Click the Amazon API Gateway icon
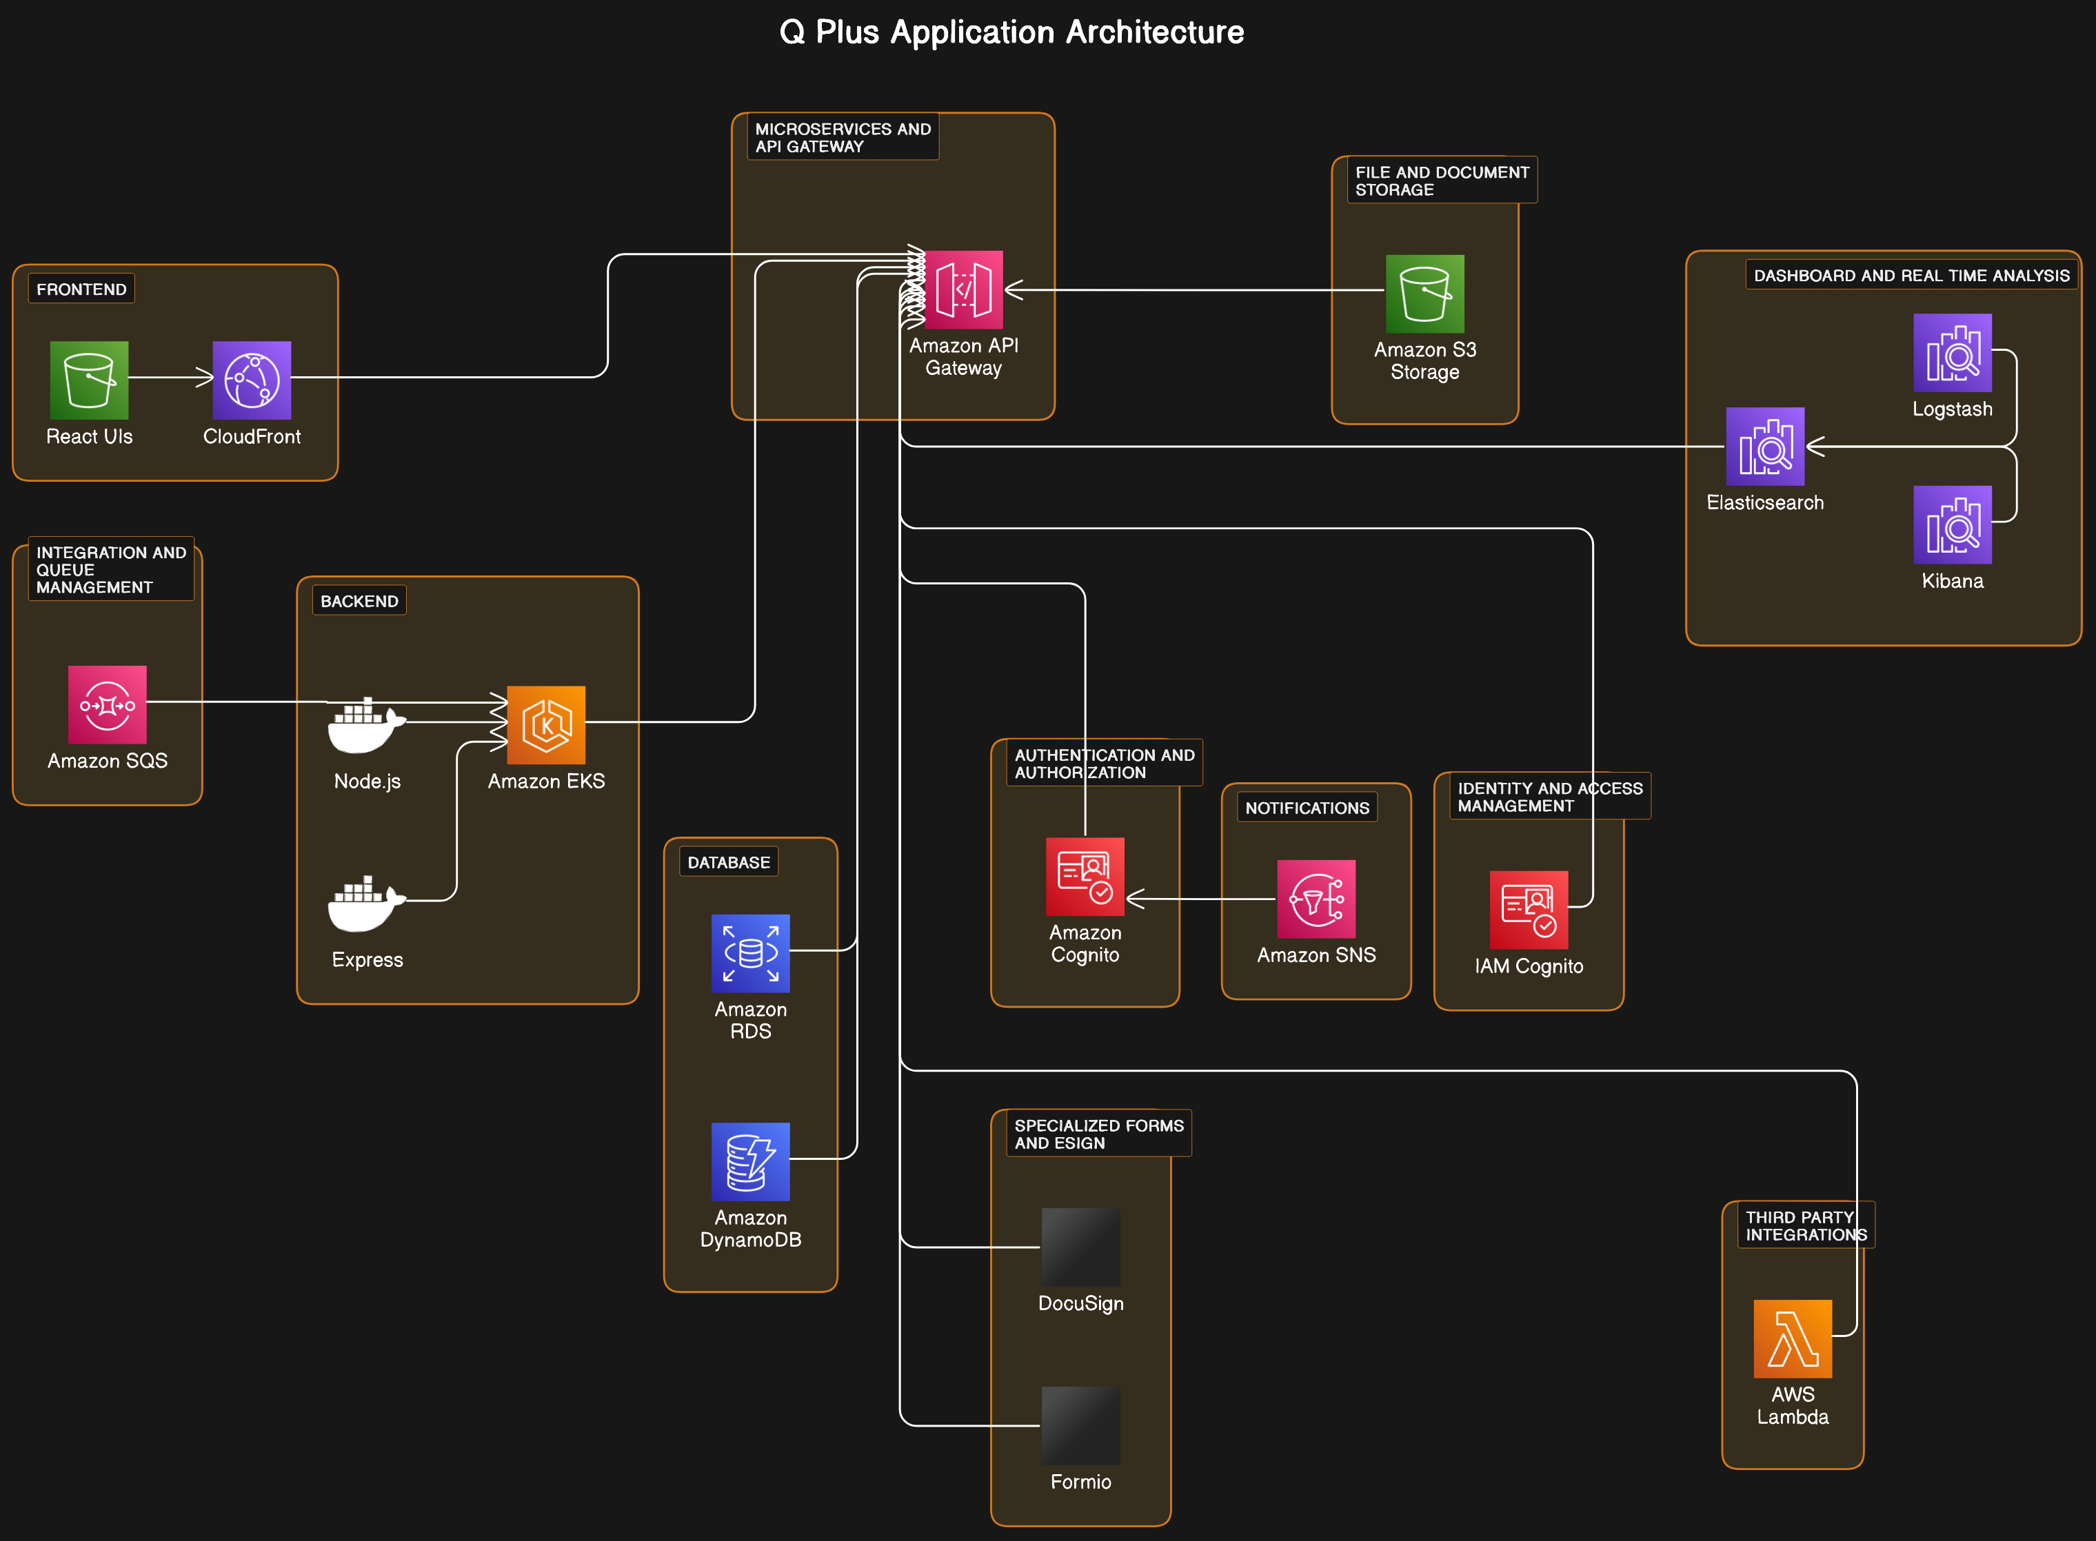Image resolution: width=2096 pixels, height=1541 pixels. tap(963, 289)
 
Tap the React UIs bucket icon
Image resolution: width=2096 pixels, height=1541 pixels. tap(89, 380)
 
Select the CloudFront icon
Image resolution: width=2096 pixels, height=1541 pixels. tap(251, 380)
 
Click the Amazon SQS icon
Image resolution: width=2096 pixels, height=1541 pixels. tap(108, 704)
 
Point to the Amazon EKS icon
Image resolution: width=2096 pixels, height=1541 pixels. tap(546, 725)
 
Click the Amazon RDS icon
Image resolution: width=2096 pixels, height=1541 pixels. tap(750, 952)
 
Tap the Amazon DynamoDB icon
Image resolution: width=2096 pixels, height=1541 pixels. tap(750, 1161)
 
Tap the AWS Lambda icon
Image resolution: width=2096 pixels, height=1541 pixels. tap(1792, 1338)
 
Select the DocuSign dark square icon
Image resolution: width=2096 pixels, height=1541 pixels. tap(1080, 1247)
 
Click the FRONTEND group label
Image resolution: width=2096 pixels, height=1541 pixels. tap(81, 289)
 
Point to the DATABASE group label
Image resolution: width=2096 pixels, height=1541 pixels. tap(728, 862)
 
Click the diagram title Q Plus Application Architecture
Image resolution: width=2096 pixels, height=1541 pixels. tap(1011, 32)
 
